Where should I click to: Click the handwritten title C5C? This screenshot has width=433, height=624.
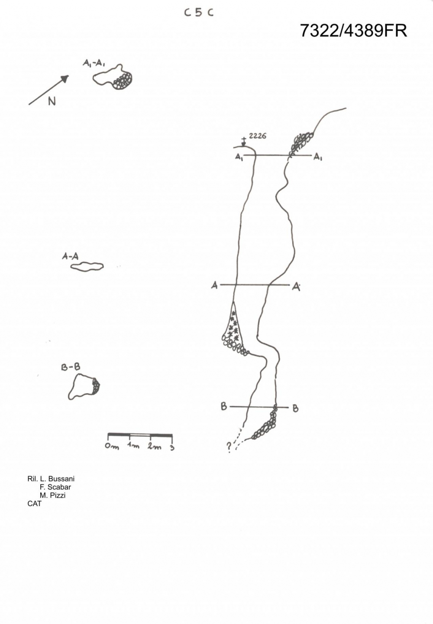[x=199, y=13]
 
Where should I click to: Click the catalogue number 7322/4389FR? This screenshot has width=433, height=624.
[x=353, y=31]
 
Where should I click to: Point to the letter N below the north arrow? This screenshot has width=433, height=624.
[x=52, y=101]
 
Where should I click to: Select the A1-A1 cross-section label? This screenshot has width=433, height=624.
[x=94, y=63]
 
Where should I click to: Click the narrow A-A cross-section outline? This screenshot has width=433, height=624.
[x=87, y=266]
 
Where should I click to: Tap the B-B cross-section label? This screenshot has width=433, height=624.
[x=70, y=368]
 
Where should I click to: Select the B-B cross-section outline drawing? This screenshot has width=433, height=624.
[x=84, y=387]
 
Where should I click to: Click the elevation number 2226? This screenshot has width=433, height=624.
[x=258, y=136]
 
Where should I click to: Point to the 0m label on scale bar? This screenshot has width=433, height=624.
[x=112, y=447]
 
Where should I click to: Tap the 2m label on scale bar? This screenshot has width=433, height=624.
[x=154, y=446]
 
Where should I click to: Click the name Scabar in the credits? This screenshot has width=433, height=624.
[x=59, y=487]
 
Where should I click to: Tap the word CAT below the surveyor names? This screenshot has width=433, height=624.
[x=34, y=503]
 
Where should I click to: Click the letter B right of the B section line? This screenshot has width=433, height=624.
[x=295, y=408]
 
